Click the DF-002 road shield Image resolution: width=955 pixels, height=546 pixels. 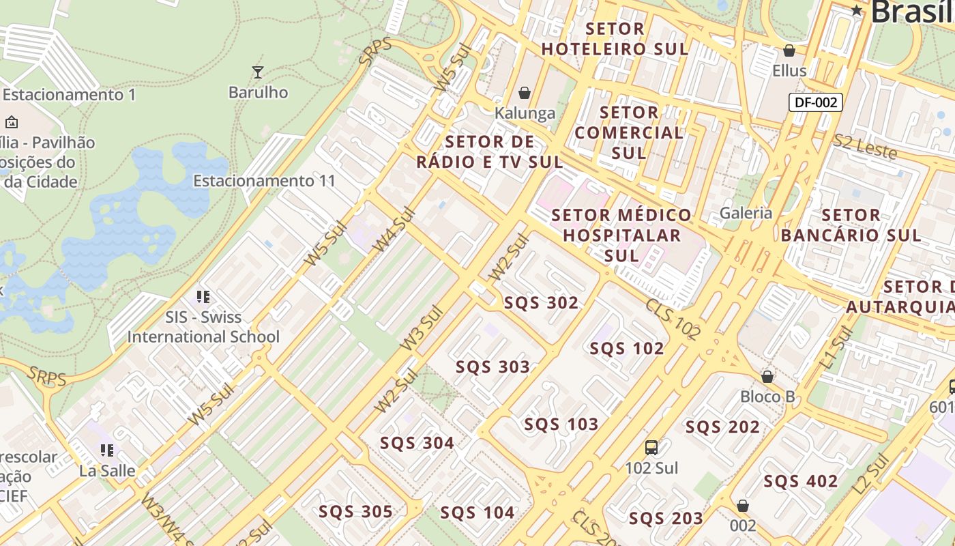click(x=816, y=102)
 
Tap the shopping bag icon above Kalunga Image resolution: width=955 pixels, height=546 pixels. click(x=525, y=93)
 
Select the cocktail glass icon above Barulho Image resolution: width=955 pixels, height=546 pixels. click(x=257, y=72)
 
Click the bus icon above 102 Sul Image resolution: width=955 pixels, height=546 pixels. click(x=651, y=448)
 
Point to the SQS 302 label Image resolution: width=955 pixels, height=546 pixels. click(x=541, y=302)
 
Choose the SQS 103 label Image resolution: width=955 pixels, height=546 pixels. click(x=561, y=425)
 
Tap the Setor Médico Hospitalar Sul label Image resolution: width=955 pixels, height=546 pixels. click(x=621, y=235)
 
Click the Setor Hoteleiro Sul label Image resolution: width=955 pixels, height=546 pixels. click(x=615, y=39)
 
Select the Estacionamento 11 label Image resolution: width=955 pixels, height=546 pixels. click(x=265, y=181)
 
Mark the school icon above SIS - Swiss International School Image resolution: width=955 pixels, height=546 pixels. click(x=203, y=296)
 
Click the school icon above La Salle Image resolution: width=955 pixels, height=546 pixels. click(x=106, y=450)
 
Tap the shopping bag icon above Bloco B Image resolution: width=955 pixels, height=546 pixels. click(x=767, y=377)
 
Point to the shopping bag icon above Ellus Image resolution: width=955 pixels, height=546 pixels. click(x=789, y=51)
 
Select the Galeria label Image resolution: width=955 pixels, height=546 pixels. click(x=746, y=213)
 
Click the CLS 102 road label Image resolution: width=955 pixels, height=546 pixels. click(x=673, y=319)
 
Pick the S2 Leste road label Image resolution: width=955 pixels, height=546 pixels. click(x=864, y=147)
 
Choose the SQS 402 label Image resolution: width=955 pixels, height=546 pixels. click(x=800, y=481)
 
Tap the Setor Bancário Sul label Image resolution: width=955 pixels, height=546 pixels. click(x=851, y=225)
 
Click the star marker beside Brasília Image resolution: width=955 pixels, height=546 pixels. click(x=857, y=10)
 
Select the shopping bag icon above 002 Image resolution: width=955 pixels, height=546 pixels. click(x=743, y=506)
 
